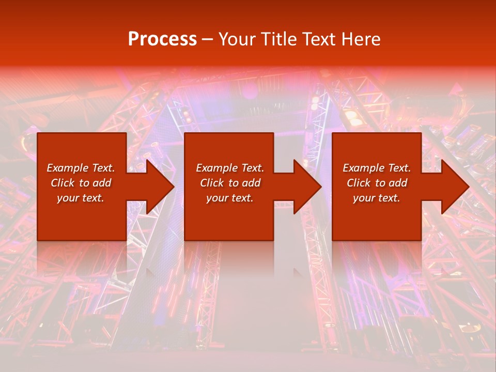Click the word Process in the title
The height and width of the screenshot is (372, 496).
pyautogui.click(x=162, y=39)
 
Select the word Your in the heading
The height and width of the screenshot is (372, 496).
pyautogui.click(x=240, y=39)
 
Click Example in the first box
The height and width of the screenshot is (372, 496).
pyautogui.click(x=66, y=168)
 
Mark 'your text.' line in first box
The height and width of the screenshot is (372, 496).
pyautogui.click(x=81, y=198)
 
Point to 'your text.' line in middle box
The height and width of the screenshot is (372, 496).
pyautogui.click(x=230, y=198)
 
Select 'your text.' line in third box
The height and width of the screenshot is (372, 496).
pyautogui.click(x=377, y=198)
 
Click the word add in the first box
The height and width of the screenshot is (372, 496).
pyautogui.click(x=102, y=183)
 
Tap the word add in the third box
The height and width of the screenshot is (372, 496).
pyautogui.click(x=398, y=183)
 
